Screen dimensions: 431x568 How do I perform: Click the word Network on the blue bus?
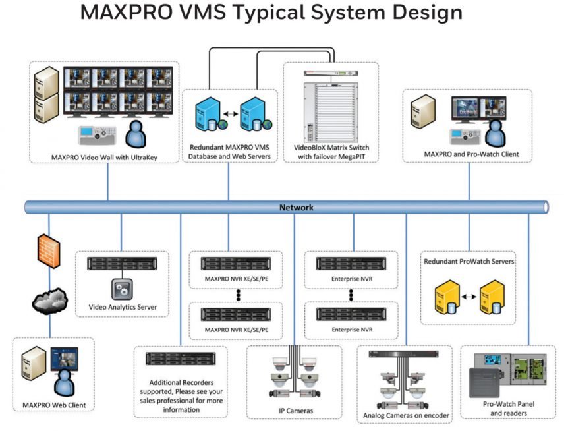click(x=295, y=208)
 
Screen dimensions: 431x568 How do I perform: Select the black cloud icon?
click(x=49, y=301)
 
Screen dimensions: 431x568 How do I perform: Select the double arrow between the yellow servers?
click(x=469, y=297)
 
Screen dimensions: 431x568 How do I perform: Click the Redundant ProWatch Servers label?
click(x=469, y=262)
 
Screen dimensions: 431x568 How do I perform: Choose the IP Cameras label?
click(x=295, y=411)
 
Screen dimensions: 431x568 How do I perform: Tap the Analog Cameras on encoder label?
click(x=406, y=416)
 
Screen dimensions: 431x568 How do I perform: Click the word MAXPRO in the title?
click(x=127, y=13)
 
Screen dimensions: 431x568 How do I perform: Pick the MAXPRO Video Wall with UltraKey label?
click(x=105, y=158)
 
